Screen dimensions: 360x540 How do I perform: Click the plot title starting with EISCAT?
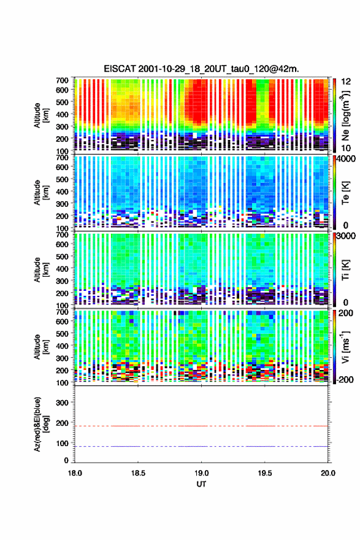(201, 69)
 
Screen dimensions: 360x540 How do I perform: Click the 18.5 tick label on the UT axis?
(138, 473)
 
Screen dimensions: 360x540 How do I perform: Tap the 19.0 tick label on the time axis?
(201, 473)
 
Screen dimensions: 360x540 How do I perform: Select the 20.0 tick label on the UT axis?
(328, 473)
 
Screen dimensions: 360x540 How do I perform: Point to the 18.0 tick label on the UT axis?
(75, 473)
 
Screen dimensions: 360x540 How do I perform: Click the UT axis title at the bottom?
(201, 484)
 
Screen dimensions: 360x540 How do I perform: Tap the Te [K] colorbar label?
(345, 193)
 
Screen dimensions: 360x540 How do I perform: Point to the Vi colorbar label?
(345, 347)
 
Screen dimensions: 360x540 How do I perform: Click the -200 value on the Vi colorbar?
(345, 379)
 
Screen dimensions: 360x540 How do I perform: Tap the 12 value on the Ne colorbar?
(346, 82)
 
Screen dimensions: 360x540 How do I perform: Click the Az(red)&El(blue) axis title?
(41, 424)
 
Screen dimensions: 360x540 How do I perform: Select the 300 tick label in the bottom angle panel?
(62, 403)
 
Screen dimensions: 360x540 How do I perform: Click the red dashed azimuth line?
(201, 426)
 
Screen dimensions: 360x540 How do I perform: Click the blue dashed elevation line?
(201, 446)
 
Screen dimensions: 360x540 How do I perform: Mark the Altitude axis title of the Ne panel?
(41, 115)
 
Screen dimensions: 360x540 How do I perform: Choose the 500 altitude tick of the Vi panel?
(62, 333)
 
